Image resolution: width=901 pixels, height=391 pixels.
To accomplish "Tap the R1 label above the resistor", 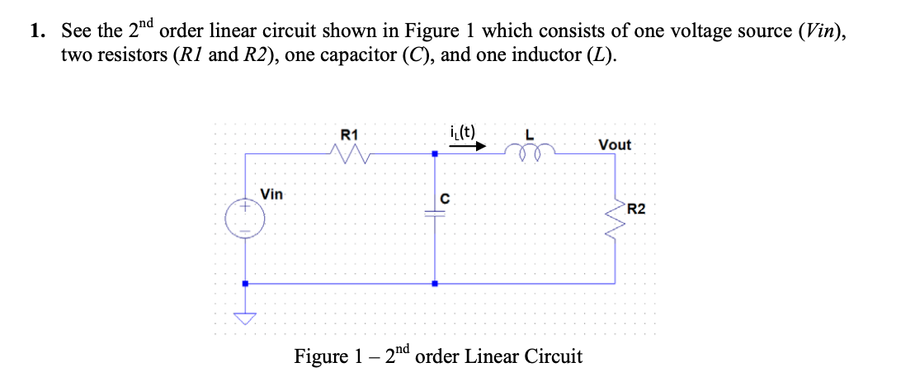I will point(349,134).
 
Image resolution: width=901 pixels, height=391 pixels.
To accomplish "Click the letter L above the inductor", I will point(531,134).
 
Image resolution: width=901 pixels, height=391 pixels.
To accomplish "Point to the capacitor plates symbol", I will point(435,213).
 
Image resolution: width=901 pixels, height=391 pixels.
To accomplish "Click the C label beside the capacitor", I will point(444,198).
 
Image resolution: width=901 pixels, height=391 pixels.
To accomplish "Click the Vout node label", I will point(615,144).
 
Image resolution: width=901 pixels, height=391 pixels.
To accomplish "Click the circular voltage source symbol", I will point(244,219).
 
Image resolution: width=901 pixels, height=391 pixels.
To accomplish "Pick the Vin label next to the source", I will point(271,195).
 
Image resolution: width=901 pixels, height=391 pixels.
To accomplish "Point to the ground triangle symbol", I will point(244,317).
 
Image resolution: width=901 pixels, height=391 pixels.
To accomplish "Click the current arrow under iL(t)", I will point(467,148).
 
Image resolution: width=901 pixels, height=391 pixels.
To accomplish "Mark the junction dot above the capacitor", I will point(435,153).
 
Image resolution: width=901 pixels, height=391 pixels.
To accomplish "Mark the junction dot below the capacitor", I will point(435,283).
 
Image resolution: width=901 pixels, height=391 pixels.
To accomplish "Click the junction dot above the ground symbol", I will point(244,283).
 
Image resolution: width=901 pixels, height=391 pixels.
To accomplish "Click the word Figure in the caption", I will point(322,357).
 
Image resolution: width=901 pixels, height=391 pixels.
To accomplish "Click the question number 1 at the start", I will point(35,32).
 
